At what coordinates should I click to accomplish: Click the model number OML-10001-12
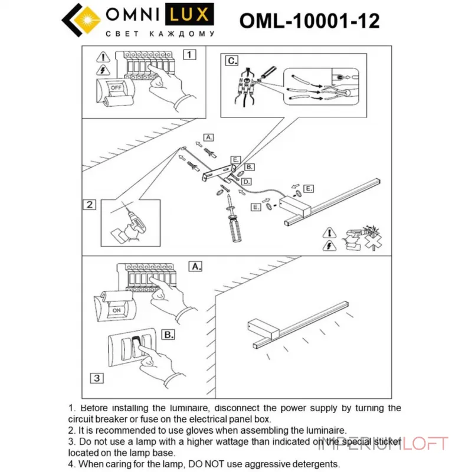click(x=309, y=21)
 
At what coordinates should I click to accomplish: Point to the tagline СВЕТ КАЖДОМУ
click(x=159, y=34)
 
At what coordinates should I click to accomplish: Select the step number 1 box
click(x=189, y=55)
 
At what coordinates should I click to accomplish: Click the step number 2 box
click(x=89, y=205)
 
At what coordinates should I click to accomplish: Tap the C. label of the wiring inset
click(x=231, y=60)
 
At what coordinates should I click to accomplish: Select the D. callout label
click(x=247, y=181)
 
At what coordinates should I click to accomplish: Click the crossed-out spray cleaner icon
click(x=361, y=236)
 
